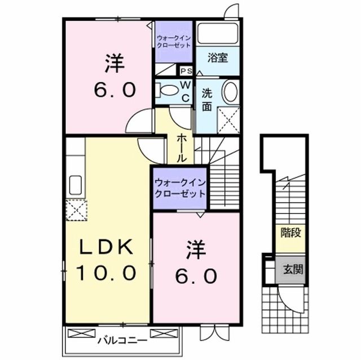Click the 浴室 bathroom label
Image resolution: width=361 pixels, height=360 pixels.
point(217,57)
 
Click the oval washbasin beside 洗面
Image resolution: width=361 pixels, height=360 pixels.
point(229,92)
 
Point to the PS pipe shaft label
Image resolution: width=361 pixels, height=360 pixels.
point(186,71)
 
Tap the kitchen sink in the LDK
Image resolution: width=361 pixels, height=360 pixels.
point(75,184)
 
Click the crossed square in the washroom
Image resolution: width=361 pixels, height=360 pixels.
point(229,118)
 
